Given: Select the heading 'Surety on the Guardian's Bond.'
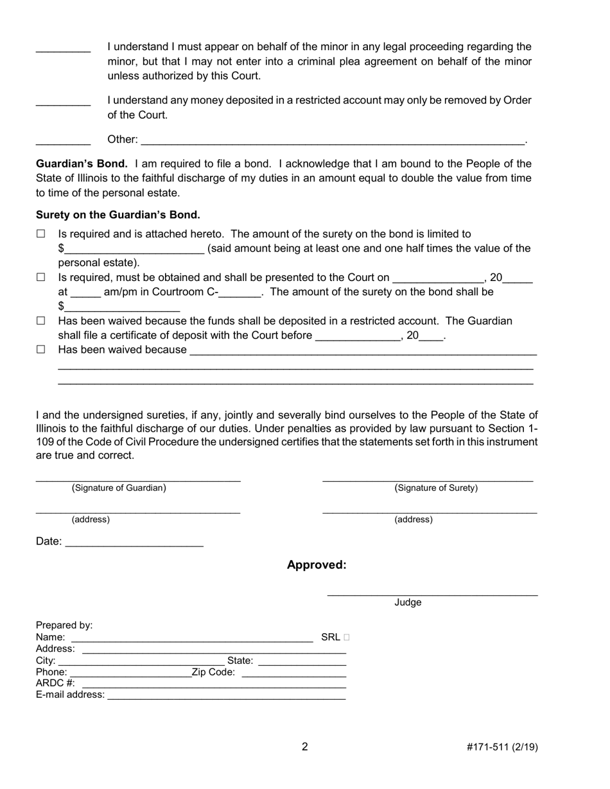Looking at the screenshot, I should click(118, 215).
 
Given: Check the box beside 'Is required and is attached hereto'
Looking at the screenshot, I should click(41, 235).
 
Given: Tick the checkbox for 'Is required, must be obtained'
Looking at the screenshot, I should click(41, 278).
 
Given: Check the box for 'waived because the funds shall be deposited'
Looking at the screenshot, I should click(41, 321).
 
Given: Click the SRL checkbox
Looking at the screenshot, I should click(347, 638).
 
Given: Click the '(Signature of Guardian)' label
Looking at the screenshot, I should click(119, 488).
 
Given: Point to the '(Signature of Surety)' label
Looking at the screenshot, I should click(436, 488).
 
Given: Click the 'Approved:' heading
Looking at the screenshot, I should click(317, 565).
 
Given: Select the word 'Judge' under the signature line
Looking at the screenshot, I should click(408, 602).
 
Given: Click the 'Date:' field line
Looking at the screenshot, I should click(134, 542).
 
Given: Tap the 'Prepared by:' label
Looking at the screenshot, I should click(64, 625).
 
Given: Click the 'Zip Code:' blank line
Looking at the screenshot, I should click(294, 673).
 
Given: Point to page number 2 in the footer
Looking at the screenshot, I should click(305, 747).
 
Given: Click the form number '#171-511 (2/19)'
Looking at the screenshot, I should click(502, 747).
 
